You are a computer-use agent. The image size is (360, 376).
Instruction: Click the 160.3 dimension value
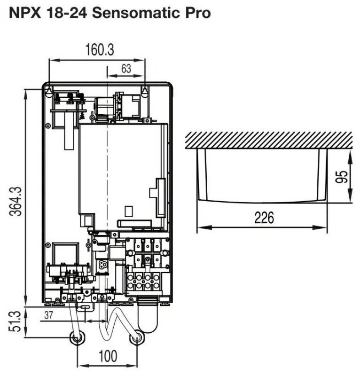(x=100, y=50)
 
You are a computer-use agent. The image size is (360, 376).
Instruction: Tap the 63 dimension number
(x=126, y=69)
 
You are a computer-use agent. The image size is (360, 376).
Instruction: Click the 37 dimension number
(x=48, y=315)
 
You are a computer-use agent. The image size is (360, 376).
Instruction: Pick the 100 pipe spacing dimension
(x=108, y=356)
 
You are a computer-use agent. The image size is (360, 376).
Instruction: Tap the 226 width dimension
(x=264, y=218)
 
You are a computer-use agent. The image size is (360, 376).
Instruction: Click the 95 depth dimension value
(x=342, y=177)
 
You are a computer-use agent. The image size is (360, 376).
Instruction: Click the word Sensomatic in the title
(x=136, y=13)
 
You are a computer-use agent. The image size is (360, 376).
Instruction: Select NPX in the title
(x=25, y=13)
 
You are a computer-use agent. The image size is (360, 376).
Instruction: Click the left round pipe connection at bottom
(x=77, y=338)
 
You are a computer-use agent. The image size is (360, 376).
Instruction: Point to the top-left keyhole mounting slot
(x=49, y=91)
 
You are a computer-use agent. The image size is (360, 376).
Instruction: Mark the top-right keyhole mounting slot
(x=145, y=91)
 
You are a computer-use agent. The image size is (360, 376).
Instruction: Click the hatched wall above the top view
(x=269, y=140)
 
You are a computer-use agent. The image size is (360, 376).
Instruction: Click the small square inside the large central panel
(x=129, y=211)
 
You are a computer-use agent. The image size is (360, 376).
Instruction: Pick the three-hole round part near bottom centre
(x=103, y=265)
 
